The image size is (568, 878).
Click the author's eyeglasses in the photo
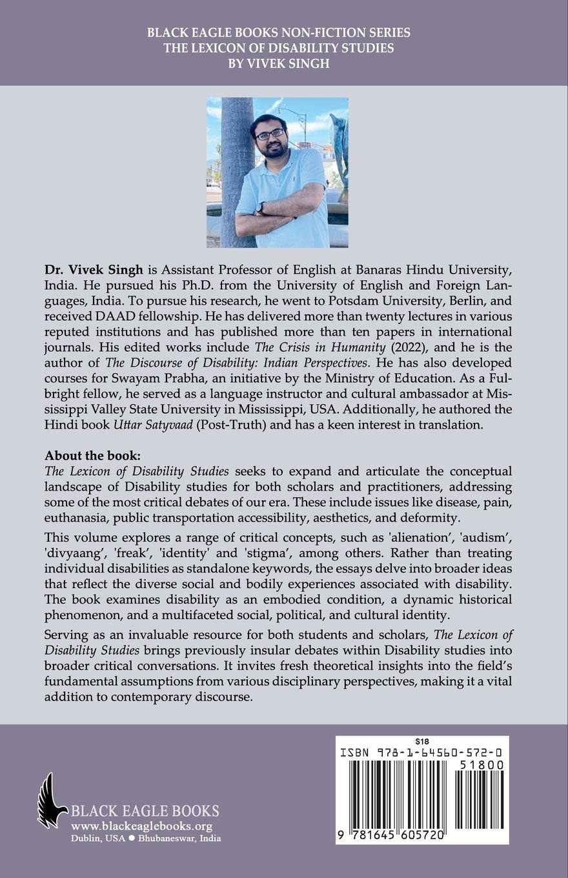[270, 134]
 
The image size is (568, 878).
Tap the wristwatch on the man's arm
[259, 208]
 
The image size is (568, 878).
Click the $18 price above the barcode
[423, 741]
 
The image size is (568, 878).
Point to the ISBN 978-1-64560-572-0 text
[423, 753]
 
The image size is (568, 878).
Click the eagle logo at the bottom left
[52, 801]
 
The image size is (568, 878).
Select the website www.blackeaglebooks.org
[141, 826]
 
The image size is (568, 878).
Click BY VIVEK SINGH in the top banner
[283, 63]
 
